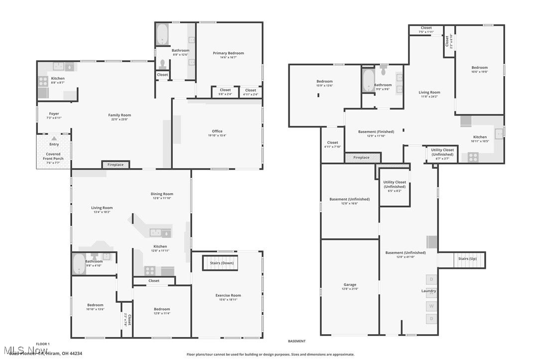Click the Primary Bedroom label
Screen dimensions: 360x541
[228, 53]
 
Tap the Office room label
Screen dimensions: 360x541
[217, 131]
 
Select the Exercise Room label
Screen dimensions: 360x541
[228, 295]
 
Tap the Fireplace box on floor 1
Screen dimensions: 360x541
[116, 165]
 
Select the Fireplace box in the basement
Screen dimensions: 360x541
[362, 158]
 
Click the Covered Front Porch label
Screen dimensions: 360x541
[53, 156]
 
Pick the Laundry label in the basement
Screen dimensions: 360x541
[428, 291]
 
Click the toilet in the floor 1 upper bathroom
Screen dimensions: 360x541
[162, 64]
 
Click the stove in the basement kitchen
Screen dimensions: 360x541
[472, 157]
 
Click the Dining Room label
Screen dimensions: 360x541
[162, 194]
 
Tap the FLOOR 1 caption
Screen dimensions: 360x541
[42, 344]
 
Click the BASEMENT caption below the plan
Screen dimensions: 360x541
[296, 341]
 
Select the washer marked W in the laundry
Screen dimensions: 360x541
[431, 306]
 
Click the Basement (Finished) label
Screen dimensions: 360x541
[376, 132]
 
